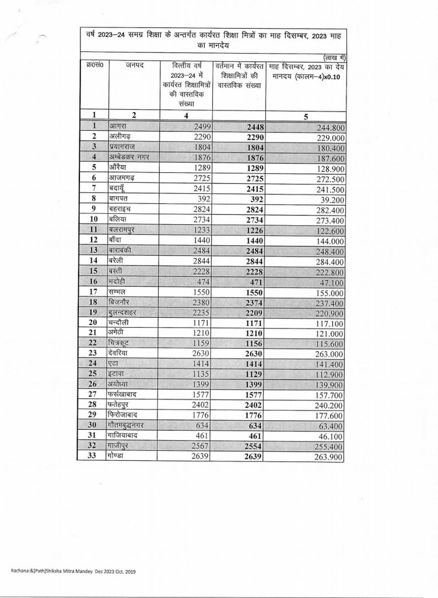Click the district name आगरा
[x=120, y=126]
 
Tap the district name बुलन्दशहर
[x=127, y=312]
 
